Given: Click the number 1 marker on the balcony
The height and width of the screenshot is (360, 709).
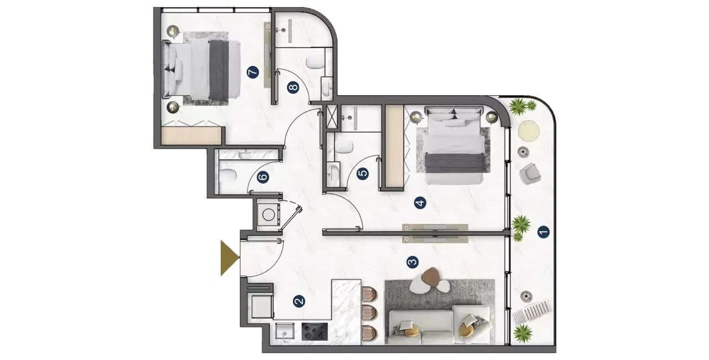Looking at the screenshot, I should (x=543, y=232).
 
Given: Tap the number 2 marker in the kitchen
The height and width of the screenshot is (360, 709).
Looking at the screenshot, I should (x=299, y=301).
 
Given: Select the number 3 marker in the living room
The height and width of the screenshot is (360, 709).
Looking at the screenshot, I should (x=412, y=261).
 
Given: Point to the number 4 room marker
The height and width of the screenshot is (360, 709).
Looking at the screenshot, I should (x=420, y=203).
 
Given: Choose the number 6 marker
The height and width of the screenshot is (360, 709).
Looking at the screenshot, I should (x=263, y=178).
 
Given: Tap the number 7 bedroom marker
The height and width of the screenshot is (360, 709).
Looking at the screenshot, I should (x=253, y=73).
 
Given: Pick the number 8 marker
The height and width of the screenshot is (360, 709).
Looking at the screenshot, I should (x=293, y=87).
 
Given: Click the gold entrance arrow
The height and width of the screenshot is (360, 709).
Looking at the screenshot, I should (x=228, y=258).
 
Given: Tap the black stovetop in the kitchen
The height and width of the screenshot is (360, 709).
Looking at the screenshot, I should (x=315, y=331).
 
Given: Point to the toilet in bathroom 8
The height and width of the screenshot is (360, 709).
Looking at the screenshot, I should (x=315, y=61).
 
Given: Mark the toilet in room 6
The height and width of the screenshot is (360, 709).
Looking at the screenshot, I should (x=228, y=176).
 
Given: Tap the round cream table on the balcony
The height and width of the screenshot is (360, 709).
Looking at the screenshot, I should (x=529, y=132).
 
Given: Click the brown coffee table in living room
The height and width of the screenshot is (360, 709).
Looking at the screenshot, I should (x=432, y=275).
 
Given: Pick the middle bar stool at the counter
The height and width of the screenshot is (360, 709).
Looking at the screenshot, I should (x=368, y=312).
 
